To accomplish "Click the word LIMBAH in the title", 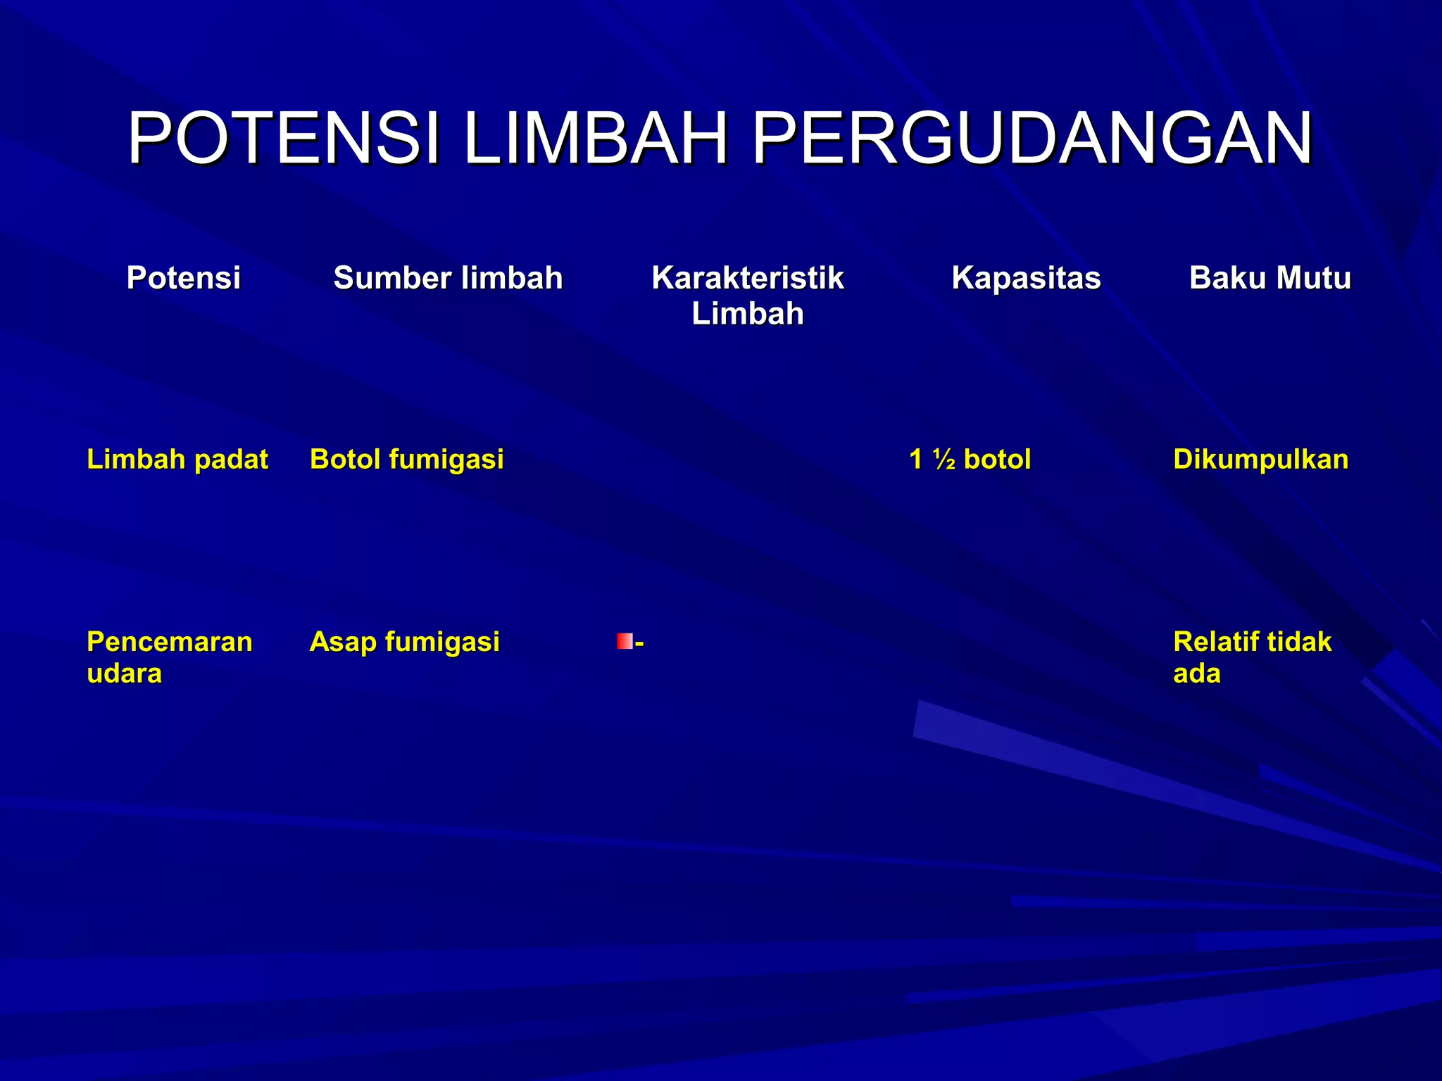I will coord(595,139).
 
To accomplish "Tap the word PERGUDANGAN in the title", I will coord(1032,139).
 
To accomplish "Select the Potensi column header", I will coord(184,278).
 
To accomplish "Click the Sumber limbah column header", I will coord(448,278).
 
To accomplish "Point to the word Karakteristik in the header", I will coord(747,278).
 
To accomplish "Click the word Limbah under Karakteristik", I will coord(747,314).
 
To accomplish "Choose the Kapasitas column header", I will coord(1026,278).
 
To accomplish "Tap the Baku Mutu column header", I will coord(1269,278).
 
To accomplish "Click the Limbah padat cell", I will coord(177,460).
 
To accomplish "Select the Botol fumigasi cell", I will coord(406,460).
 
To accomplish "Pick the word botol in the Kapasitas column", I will coord(996,460).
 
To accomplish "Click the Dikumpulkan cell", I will coord(1260,460).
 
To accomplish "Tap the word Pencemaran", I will coord(169,642).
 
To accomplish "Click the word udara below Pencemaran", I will coord(124,674).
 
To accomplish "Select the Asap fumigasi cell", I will coord(404,642).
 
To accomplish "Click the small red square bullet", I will coord(624,641).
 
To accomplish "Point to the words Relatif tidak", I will coord(1252,642).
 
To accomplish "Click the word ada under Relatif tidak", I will coord(1196,674).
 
